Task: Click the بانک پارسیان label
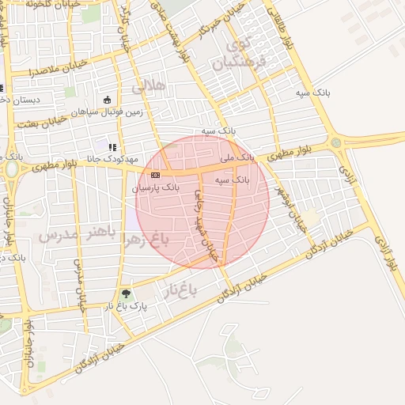click(x=157, y=190)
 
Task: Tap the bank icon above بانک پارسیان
click(x=155, y=175)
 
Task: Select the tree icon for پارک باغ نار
click(x=126, y=294)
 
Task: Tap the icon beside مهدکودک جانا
click(x=113, y=146)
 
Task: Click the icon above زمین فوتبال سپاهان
click(x=108, y=100)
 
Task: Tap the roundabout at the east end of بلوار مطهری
click(x=337, y=142)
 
